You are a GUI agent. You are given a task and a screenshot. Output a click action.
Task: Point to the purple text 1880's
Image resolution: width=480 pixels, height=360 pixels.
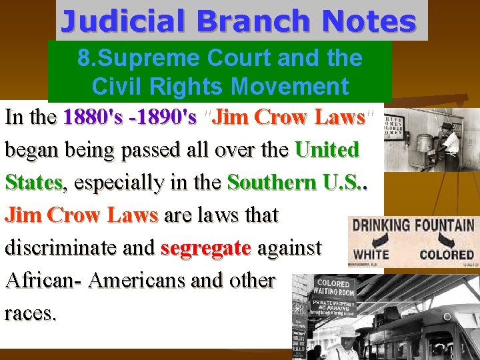click(x=88, y=117)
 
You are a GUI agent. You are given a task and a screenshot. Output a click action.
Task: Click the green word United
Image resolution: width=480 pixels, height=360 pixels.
click(x=327, y=149)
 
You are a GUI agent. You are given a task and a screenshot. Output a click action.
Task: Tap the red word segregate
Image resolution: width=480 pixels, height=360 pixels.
click(x=206, y=247)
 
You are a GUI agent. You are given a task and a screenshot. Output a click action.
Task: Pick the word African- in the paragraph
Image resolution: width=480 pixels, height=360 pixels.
click(x=43, y=280)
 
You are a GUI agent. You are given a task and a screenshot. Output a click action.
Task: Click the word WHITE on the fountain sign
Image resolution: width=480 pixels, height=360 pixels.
click(x=371, y=254)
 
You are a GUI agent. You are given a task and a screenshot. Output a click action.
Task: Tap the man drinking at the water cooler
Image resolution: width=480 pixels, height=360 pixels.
click(x=449, y=140)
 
